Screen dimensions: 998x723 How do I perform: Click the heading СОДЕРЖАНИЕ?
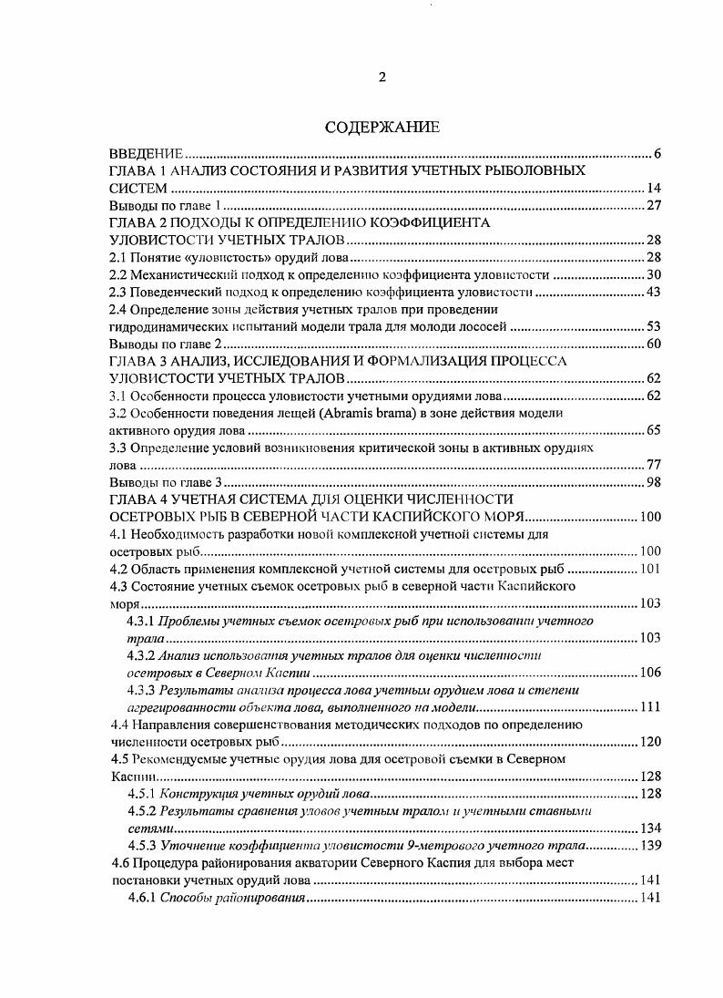pyautogui.click(x=382, y=128)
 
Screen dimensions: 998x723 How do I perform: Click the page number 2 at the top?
pyautogui.click(x=382, y=77)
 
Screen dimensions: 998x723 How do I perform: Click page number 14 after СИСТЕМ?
pyautogui.click(x=653, y=188)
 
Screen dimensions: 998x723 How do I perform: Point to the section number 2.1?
pyautogui.click(x=117, y=258)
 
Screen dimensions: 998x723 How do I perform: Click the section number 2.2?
pyautogui.click(x=117, y=275)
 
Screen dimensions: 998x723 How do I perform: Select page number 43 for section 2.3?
pyautogui.click(x=653, y=292)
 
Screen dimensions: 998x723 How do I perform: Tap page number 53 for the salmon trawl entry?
pyautogui.click(x=653, y=326)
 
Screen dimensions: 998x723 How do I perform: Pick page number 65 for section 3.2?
pyautogui.click(x=653, y=430)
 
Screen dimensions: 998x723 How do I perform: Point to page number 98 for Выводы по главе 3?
pyautogui.click(x=653, y=481)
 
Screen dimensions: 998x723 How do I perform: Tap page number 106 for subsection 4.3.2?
pyautogui.click(x=649, y=673)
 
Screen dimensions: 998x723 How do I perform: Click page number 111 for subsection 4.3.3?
pyautogui.click(x=649, y=707)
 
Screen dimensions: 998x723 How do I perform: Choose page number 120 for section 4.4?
pyautogui.click(x=649, y=742)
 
